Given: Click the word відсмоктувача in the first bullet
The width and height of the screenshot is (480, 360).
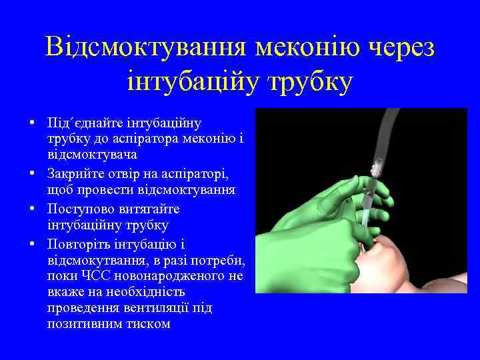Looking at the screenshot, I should pyautogui.click(x=92, y=155).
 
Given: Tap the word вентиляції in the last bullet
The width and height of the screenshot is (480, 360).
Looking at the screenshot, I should pyautogui.click(x=159, y=308).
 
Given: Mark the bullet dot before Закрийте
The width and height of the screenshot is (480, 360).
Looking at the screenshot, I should pyautogui.click(x=32, y=175).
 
